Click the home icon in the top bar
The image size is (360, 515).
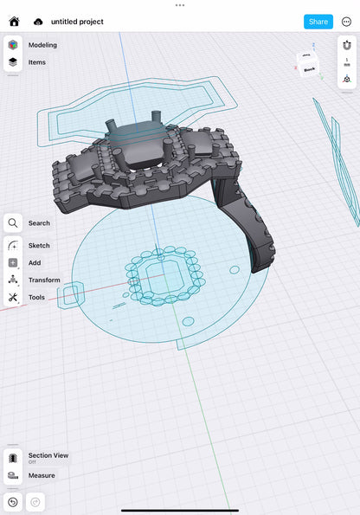coord(14,22)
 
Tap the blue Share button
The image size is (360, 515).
coord(318,22)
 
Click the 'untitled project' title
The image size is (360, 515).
coord(77,22)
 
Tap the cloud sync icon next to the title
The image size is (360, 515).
coord(38,22)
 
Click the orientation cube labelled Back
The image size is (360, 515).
coord(309,65)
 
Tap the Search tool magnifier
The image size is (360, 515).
coord(13,223)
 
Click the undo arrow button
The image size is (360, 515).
coord(13,502)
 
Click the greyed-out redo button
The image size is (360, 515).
coord(35,502)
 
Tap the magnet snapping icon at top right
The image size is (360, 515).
coord(347,44)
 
